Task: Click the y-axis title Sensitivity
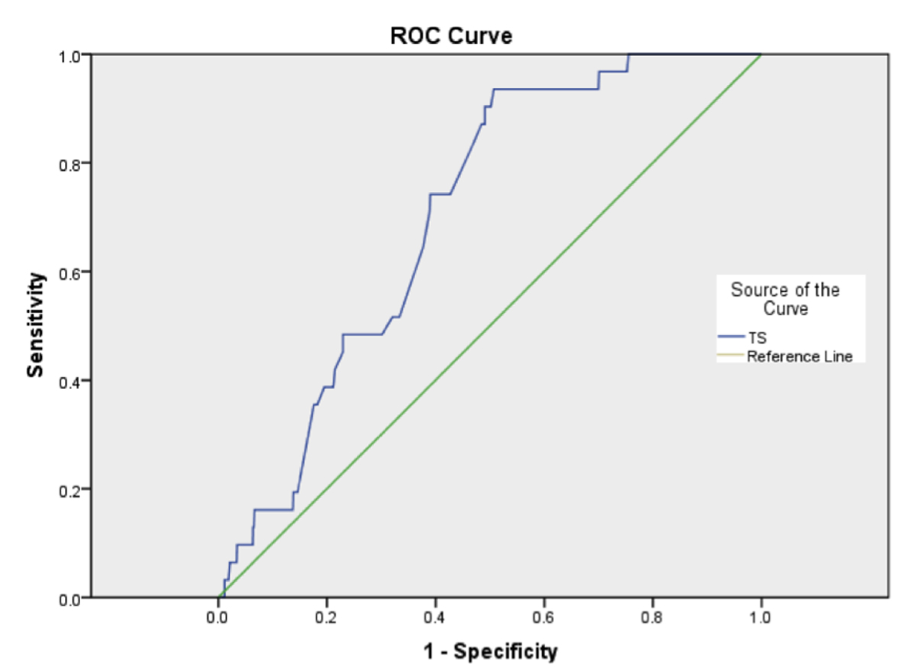pyautogui.click(x=34, y=326)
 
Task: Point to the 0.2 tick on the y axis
pyautogui.click(x=69, y=489)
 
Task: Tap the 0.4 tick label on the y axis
pyautogui.click(x=69, y=381)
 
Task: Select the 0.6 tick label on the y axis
pyautogui.click(x=69, y=272)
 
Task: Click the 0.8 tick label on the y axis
pyautogui.click(x=69, y=164)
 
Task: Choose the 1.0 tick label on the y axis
pyautogui.click(x=69, y=55)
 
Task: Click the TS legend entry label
pyautogui.click(x=757, y=339)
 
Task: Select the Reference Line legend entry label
pyautogui.click(x=800, y=356)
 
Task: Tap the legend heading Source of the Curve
pyautogui.click(x=785, y=299)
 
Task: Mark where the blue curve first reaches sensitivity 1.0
pyautogui.click(x=628, y=55)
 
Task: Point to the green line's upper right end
pyautogui.click(x=761, y=55)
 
